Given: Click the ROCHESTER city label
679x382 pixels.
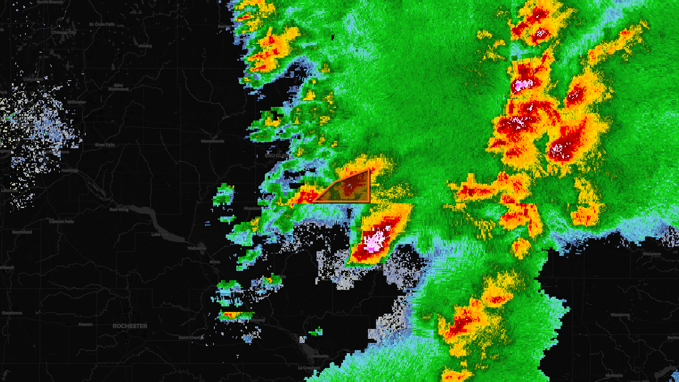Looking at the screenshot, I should point(130,326).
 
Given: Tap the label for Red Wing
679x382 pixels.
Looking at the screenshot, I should point(119,210).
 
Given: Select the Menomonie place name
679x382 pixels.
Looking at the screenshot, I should point(213,141).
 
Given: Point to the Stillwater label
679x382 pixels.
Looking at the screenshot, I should point(77,102).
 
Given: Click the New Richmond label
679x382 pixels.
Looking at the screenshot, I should point(118,87).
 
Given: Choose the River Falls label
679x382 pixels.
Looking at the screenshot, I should point(105,145).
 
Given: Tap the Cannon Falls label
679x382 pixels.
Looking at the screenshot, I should point(62,222).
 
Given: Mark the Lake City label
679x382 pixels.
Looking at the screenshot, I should point(160,234).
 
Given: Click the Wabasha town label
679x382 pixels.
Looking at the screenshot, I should point(196,248).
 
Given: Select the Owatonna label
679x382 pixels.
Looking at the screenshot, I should point(12,313).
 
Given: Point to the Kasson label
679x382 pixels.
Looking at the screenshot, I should point(85,324).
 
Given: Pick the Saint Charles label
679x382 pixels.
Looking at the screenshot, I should point(191,338).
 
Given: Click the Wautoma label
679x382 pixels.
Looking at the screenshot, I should point(620,315).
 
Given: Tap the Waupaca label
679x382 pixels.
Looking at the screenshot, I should point(651,254).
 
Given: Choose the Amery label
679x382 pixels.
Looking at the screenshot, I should point(146,46).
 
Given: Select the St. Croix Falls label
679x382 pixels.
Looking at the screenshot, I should point(102,25).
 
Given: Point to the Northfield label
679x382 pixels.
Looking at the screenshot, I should point(22,232).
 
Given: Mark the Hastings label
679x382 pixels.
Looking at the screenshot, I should point(70,171).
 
